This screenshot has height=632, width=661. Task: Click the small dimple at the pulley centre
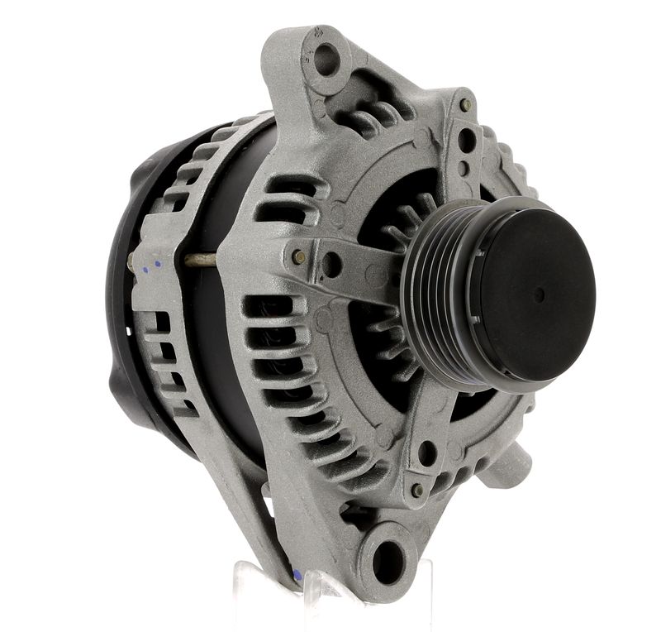(x=539, y=294)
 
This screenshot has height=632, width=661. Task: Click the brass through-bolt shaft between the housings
(x=198, y=261)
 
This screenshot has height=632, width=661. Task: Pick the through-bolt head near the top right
(x=466, y=106)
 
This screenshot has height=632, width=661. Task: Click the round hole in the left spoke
(x=330, y=265)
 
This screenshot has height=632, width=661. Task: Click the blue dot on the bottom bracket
(x=295, y=574)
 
